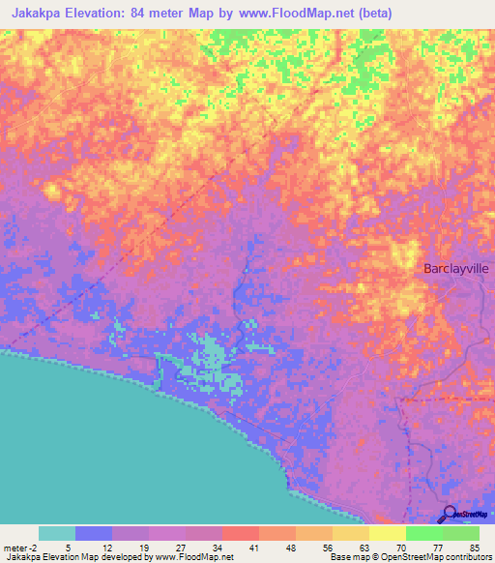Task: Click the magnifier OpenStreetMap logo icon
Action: point(451,516)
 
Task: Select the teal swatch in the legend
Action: point(57,533)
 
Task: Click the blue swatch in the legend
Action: point(94,533)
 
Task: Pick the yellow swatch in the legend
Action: point(388,533)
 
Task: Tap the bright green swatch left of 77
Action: point(424,533)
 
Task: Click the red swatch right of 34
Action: point(241,533)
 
